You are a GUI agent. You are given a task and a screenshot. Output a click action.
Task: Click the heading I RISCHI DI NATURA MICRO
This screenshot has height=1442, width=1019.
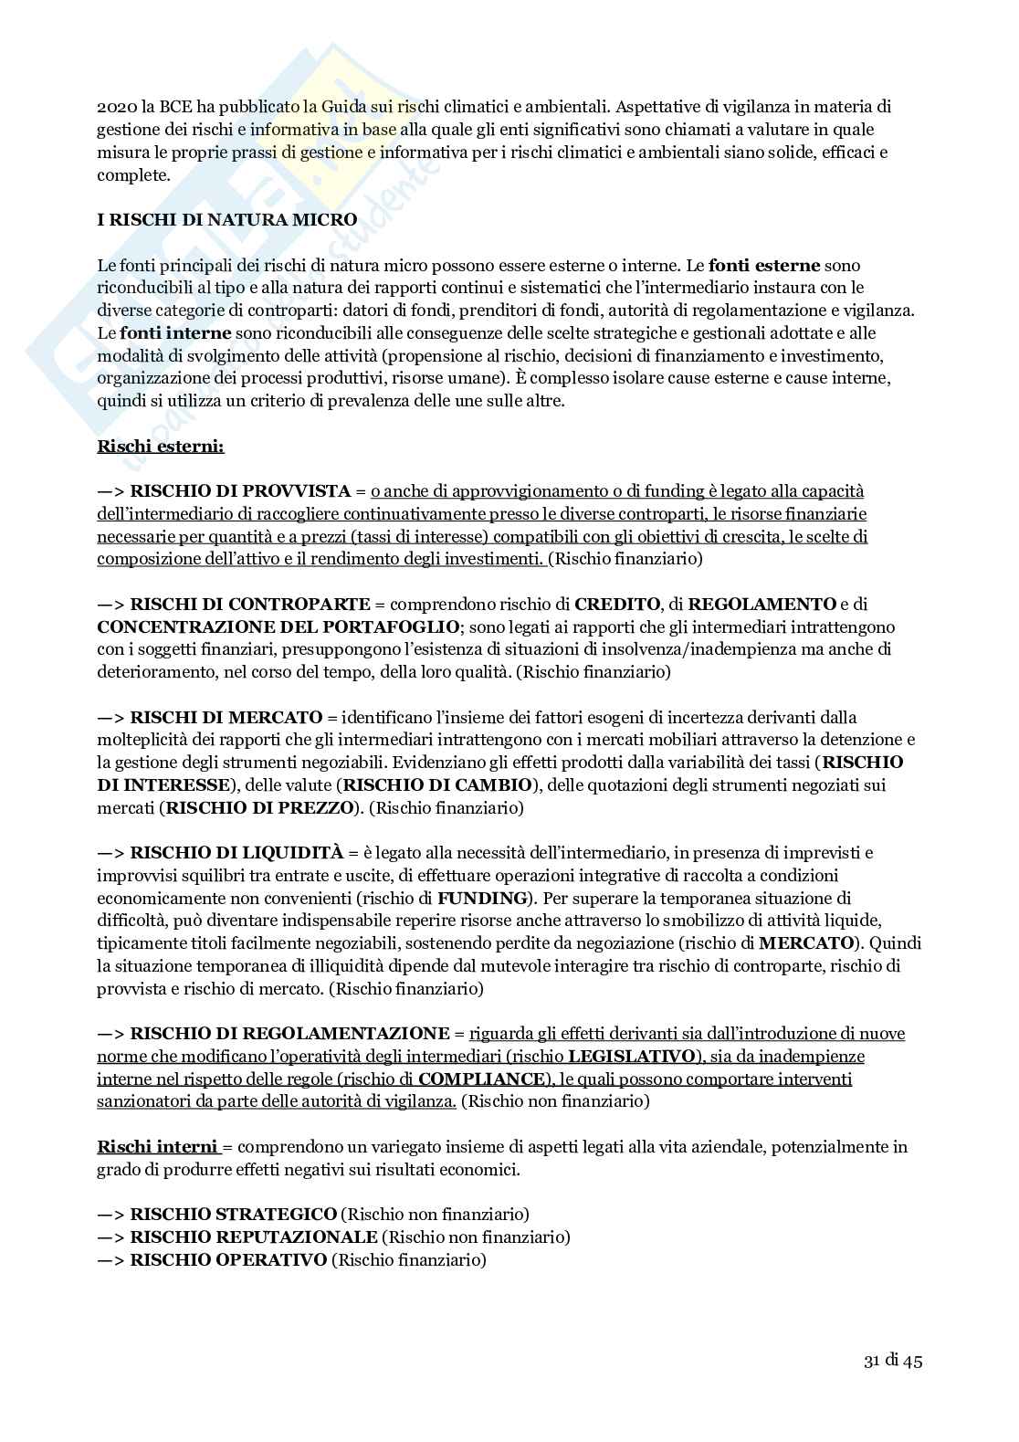pyautogui.click(x=227, y=220)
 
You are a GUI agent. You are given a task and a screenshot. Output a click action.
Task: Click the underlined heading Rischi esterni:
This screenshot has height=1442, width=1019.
pyautogui.click(x=161, y=447)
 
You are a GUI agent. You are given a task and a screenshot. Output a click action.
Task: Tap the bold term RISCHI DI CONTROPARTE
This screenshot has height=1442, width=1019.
pyautogui.click(x=250, y=605)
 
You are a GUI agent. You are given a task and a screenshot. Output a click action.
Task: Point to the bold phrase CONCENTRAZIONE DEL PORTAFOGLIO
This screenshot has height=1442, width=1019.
pyautogui.click(x=278, y=626)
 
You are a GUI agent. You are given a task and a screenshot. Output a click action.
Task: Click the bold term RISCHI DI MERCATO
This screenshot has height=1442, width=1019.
pyautogui.click(x=226, y=718)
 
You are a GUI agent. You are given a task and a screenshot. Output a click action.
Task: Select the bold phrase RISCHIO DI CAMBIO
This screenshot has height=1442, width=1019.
pyautogui.click(x=436, y=785)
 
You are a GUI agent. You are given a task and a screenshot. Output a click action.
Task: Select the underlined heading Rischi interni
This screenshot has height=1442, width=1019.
pyautogui.click(x=157, y=1147)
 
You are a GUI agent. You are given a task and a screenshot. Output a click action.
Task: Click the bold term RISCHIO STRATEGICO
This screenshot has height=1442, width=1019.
pyautogui.click(x=234, y=1215)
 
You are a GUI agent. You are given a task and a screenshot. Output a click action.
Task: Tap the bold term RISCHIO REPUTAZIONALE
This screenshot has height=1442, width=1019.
pyautogui.click(x=254, y=1237)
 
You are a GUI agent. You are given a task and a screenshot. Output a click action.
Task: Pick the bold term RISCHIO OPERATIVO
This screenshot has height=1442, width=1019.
pyautogui.click(x=228, y=1260)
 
